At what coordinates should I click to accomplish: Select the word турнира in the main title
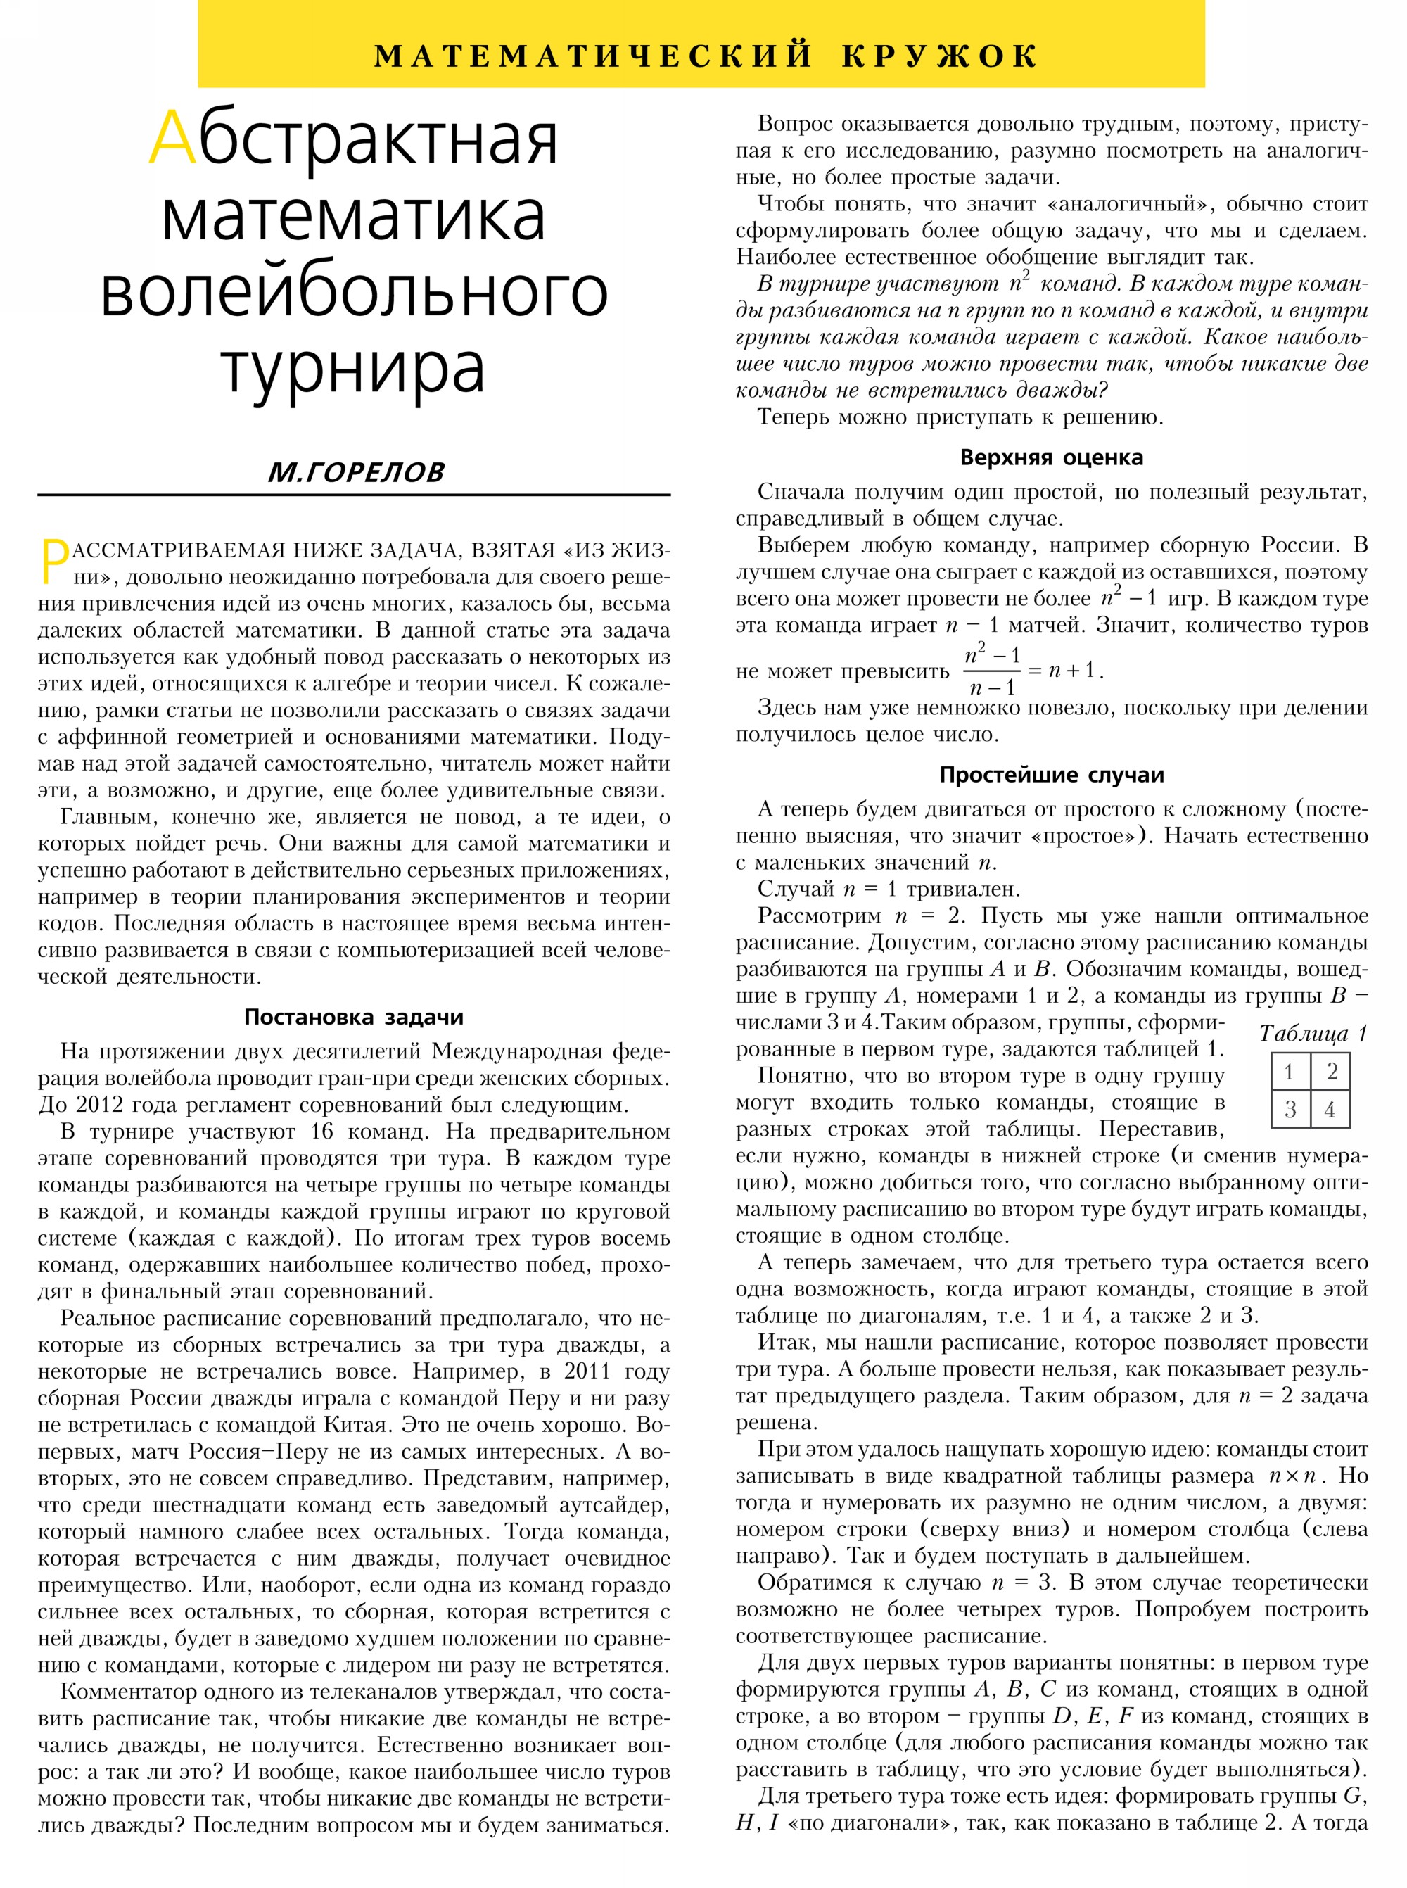pyautogui.click(x=352, y=367)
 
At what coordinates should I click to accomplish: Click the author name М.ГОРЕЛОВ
pyautogui.click(x=355, y=472)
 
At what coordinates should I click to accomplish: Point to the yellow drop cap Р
pyautogui.click(x=54, y=562)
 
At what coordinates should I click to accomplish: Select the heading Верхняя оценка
pyautogui.click(x=1051, y=457)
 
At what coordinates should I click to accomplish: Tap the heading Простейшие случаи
pyautogui.click(x=1051, y=775)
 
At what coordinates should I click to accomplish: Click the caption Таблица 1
pyautogui.click(x=1313, y=1034)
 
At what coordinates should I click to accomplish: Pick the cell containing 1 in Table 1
pyautogui.click(x=1290, y=1071)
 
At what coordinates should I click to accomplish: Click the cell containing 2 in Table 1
pyautogui.click(x=1331, y=1071)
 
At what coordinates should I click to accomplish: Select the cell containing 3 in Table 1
pyautogui.click(x=1290, y=1108)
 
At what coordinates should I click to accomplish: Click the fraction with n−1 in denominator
pyautogui.click(x=992, y=671)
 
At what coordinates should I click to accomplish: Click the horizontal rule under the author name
pyautogui.click(x=353, y=494)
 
